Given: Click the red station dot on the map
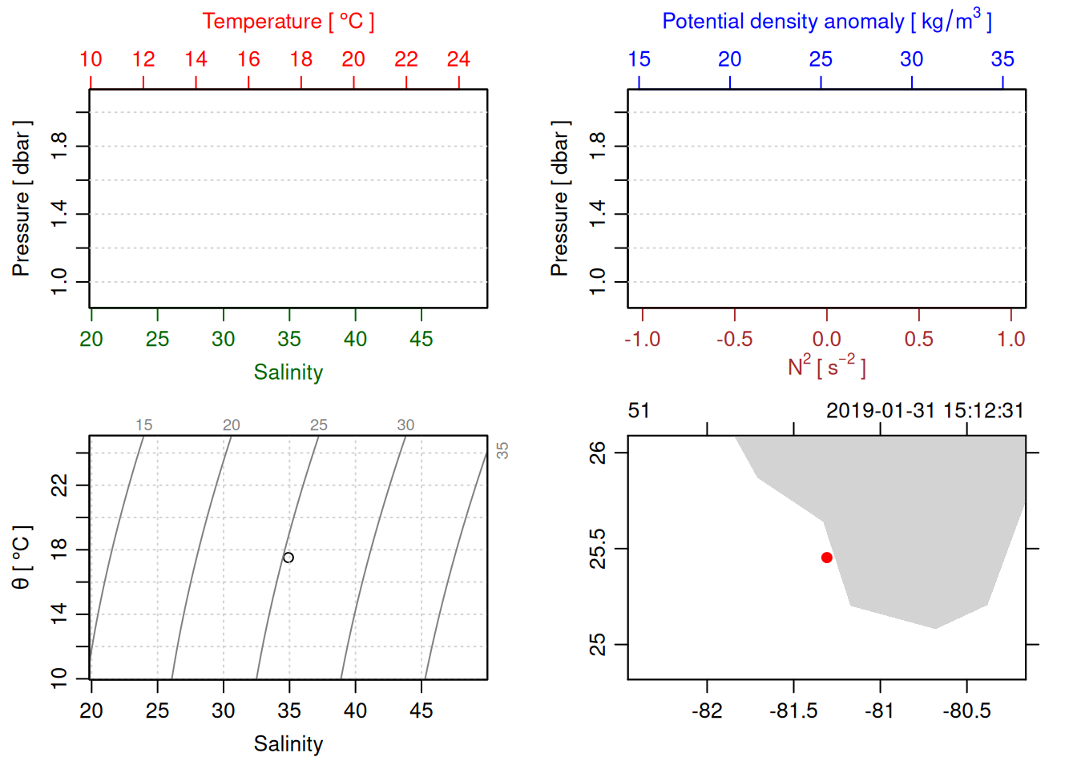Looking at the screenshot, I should coord(826,558).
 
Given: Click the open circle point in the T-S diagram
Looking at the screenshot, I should coord(288,558).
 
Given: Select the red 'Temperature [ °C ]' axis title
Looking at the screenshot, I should coord(288,22).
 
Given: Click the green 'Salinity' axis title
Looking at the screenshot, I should coord(288,372).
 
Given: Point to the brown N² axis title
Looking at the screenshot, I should coord(826,367).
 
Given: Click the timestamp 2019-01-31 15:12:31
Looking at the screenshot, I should coord(925,411).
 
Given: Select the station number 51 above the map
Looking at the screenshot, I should coord(639,411).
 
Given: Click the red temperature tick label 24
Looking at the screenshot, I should coord(458,59).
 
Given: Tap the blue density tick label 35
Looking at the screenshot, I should coord(1002,59).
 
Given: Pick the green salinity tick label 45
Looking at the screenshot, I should coord(422,340).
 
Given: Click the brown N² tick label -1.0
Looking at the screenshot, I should coord(642,340).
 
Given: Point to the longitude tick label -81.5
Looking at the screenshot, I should coord(793,711).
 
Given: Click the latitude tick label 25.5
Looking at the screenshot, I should coord(598,549).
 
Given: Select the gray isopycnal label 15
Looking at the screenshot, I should coord(144,425).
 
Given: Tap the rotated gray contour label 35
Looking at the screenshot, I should coord(502,451).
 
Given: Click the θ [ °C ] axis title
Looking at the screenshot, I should coord(21,558).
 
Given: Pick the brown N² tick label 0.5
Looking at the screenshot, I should coord(918,340).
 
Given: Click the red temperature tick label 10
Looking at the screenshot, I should coord(91,59).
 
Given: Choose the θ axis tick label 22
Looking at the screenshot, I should coord(59,485).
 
